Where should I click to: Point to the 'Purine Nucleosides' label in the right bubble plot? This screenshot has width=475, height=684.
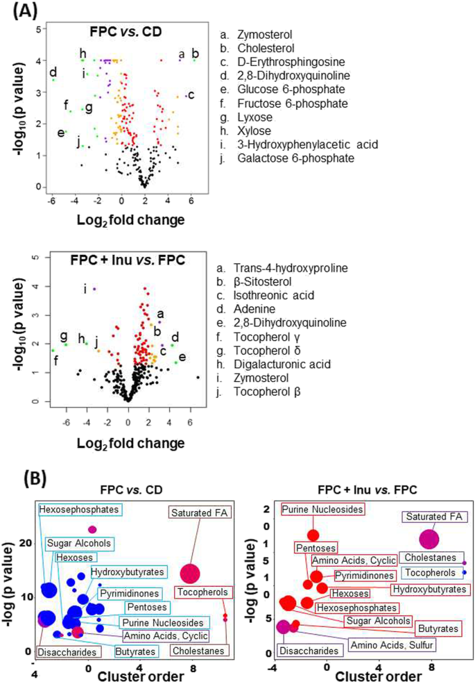pos(322,510)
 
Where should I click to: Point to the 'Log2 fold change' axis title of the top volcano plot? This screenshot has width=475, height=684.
pos(121,221)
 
